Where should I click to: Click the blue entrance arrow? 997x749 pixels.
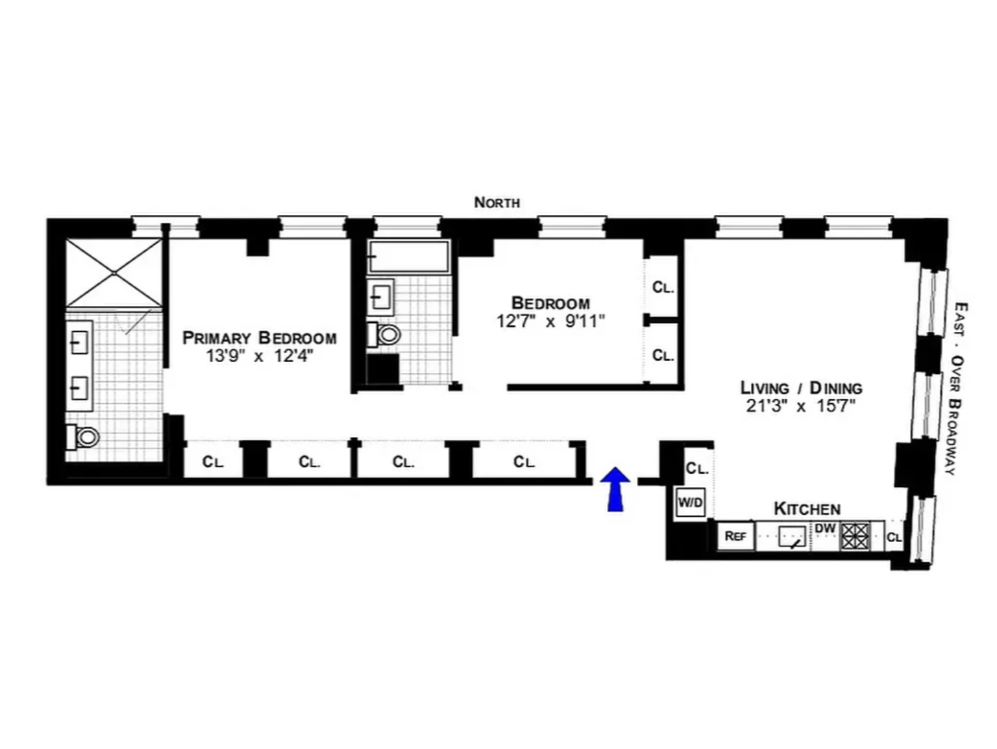pos(615,489)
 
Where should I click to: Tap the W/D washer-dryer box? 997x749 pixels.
pos(690,502)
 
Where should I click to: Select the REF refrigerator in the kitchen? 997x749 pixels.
pos(735,536)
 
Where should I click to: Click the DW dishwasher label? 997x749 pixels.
pos(825,528)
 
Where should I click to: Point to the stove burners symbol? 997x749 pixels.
pos(855,537)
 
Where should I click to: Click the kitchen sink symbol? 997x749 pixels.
pos(792,537)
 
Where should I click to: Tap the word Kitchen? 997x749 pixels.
pos(807,509)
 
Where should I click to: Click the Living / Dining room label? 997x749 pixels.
pos(801,388)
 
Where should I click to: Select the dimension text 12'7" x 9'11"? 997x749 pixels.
pos(550,321)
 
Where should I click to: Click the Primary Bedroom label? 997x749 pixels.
pos(260,338)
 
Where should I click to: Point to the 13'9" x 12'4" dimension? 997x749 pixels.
pos(260,356)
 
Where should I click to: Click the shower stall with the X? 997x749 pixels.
pos(114,273)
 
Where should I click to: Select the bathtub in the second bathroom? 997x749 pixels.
pos(409,257)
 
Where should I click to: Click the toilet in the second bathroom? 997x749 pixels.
pos(384,335)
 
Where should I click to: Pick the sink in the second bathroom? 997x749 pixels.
pos(381,297)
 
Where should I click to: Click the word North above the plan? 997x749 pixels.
pos(497,202)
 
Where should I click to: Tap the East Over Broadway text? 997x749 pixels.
pos(958,388)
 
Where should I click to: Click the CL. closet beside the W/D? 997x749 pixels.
pos(697,468)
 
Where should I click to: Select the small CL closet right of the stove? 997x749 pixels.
pos(894,537)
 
